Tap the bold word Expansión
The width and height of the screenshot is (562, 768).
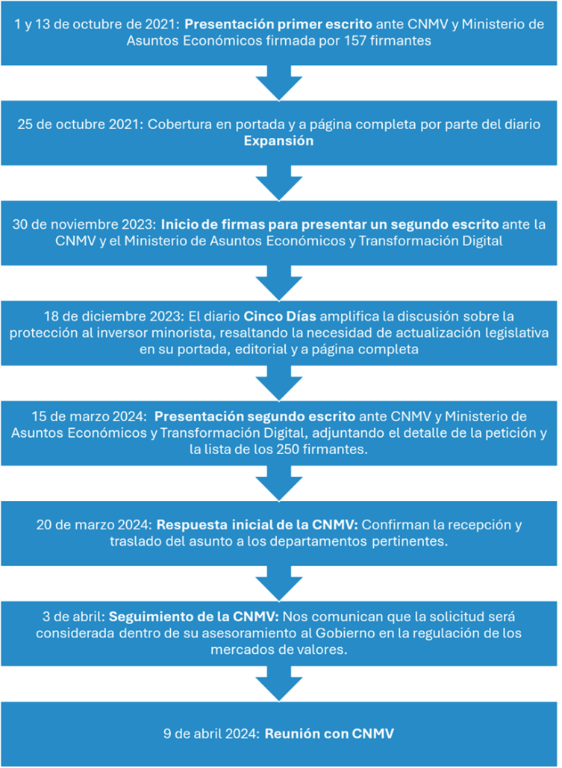tap(278, 141)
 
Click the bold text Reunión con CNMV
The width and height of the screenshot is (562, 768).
tap(329, 734)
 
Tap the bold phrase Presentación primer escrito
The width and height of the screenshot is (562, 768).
tap(278, 25)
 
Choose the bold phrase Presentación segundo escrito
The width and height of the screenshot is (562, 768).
tap(255, 416)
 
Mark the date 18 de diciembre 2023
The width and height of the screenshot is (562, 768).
tap(113, 316)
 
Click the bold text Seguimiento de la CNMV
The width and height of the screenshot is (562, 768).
tap(194, 617)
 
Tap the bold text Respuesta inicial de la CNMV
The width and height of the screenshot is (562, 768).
tap(257, 525)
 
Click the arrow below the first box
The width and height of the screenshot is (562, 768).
tap(279, 83)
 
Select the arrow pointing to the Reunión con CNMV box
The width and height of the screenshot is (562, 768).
tap(279, 684)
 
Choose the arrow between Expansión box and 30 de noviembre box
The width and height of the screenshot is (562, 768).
tap(279, 183)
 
